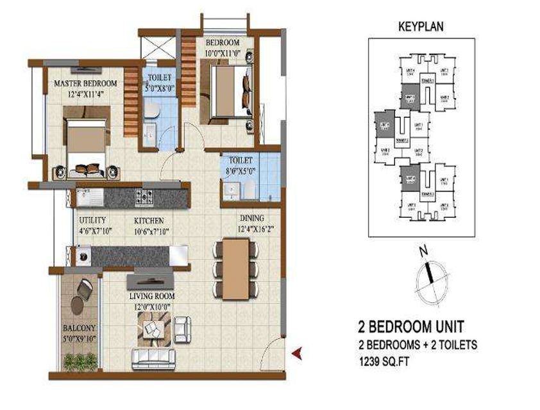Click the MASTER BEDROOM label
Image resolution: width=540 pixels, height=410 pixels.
[x=85, y=83]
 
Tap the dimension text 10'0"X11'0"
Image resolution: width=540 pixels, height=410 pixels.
[x=222, y=53]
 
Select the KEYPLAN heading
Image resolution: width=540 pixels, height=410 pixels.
[x=421, y=26]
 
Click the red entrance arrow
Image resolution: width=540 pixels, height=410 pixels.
[x=296, y=352]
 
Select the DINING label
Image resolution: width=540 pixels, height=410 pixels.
[x=247, y=218]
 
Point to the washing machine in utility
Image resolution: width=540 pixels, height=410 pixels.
[x=84, y=257]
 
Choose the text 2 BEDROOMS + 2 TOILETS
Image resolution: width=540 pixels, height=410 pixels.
[x=417, y=345]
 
